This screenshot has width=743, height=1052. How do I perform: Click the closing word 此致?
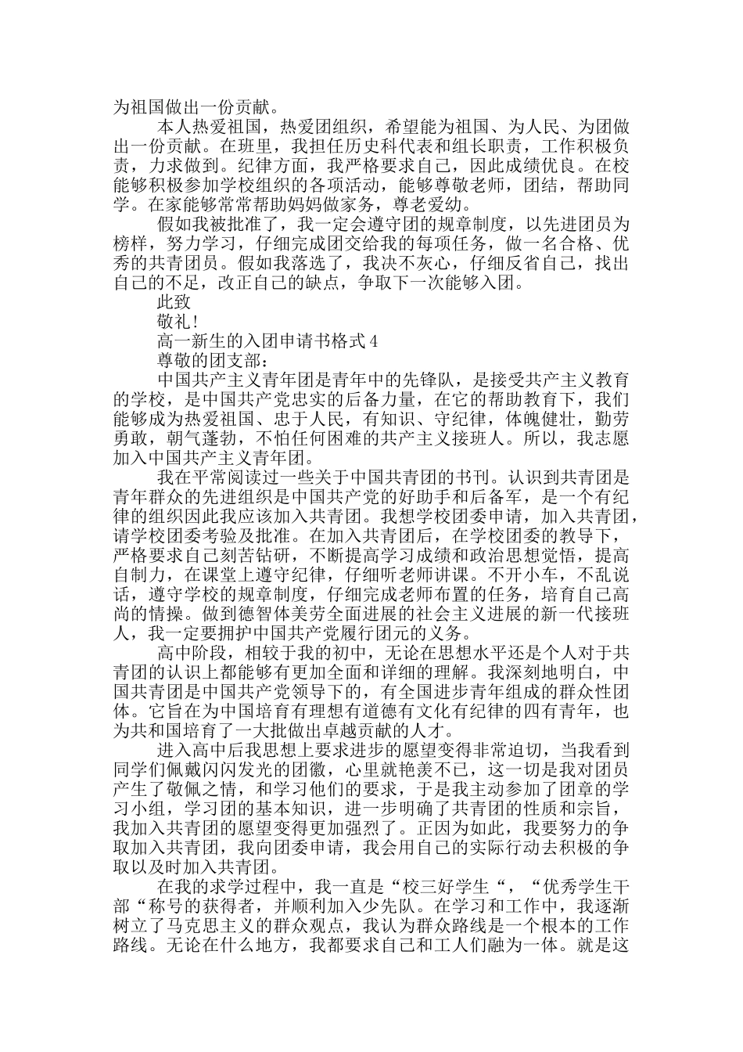coord(174,300)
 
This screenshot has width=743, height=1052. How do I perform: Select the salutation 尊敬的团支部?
coord(209,361)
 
